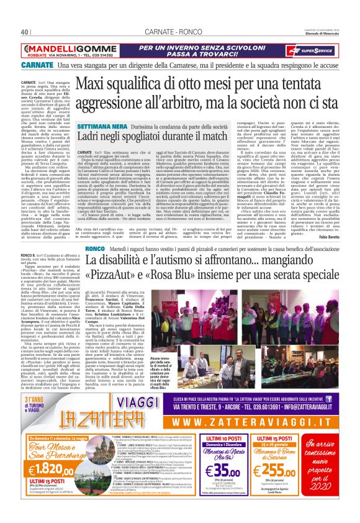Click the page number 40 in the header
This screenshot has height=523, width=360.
25,32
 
